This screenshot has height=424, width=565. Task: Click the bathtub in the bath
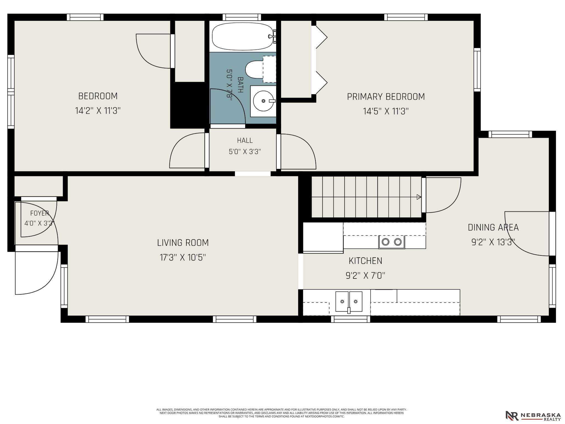pos(243,37)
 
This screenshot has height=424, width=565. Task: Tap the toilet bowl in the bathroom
pos(254,69)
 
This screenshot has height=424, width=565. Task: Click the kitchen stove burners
pos(391,242)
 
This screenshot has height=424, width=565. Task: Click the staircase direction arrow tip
pos(421,197)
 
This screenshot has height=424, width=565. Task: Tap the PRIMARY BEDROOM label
pos(386,97)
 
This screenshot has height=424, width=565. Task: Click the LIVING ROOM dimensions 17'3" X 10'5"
pos(183,257)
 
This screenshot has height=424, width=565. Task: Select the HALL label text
pos(245,140)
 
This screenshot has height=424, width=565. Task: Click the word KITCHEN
pos(365,261)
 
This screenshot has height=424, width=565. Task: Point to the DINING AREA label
pos(493,227)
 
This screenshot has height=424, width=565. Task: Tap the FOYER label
pos(40,213)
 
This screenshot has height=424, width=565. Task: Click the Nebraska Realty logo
pos(533,415)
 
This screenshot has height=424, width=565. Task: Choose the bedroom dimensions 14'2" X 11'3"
pos(98,111)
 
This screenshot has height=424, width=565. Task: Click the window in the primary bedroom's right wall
pos(477,70)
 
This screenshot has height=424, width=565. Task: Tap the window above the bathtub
pos(242,17)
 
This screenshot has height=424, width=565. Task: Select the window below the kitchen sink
pos(351,319)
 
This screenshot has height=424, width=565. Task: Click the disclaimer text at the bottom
pos(282,413)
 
